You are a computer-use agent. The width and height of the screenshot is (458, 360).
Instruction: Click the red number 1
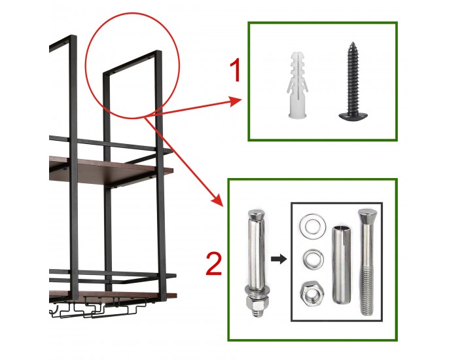click(x=235, y=70)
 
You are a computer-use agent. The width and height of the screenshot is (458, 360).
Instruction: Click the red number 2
click(x=214, y=264)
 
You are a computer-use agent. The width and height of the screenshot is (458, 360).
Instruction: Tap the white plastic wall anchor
click(x=297, y=85)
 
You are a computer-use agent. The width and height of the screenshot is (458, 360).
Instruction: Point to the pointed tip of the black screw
click(x=353, y=43)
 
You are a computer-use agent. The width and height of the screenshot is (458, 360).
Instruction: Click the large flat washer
click(x=313, y=225)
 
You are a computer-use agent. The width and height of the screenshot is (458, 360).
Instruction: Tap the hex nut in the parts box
click(x=312, y=293)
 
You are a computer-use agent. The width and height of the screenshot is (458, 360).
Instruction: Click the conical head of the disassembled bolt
click(x=368, y=217)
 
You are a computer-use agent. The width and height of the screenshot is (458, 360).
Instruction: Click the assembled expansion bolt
click(x=256, y=262)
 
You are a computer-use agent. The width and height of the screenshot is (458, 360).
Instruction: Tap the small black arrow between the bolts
click(x=279, y=259)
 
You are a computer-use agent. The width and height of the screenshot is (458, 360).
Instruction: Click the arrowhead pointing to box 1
click(x=236, y=101)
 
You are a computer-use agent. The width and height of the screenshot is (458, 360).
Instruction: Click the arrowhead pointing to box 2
click(x=217, y=200)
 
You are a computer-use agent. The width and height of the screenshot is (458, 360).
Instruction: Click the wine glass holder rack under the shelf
click(x=96, y=308)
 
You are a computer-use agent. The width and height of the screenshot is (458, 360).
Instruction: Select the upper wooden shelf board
click(x=111, y=172)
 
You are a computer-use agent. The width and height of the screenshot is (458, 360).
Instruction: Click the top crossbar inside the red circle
click(x=132, y=62)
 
